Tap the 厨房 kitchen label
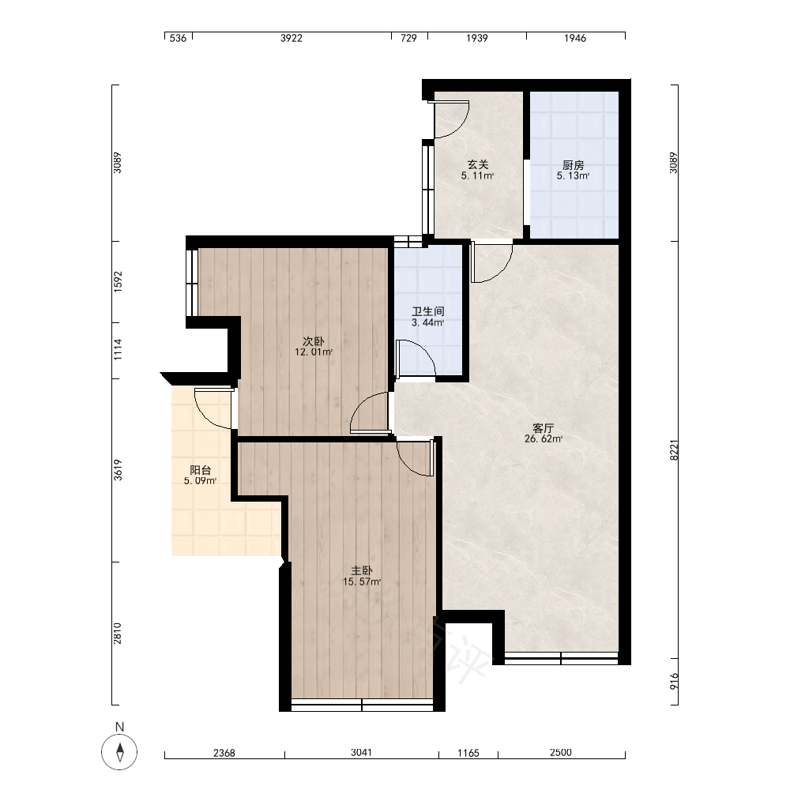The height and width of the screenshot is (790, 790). click(573, 165)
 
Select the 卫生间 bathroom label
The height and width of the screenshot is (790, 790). click(427, 311)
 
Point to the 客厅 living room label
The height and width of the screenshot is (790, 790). click(544, 428)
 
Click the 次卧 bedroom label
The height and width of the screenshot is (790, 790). click(314, 341)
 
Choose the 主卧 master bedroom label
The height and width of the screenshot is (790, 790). click(362, 571)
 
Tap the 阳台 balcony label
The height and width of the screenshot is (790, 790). click(201, 470)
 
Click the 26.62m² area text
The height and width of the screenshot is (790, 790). click(544, 438)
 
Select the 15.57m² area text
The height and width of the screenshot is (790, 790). click(362, 582)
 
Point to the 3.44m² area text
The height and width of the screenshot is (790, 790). click(427, 322)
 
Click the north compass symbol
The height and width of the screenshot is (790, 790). click(119, 752)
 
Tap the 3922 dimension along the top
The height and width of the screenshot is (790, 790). click(292, 38)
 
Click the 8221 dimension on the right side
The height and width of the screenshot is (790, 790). click(674, 450)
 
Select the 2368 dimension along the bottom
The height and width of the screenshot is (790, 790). click(224, 753)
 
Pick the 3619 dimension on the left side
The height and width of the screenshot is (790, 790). click(118, 470)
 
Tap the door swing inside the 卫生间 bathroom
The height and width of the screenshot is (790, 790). click(427, 350)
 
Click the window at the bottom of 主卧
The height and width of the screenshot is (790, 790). click(363, 705)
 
